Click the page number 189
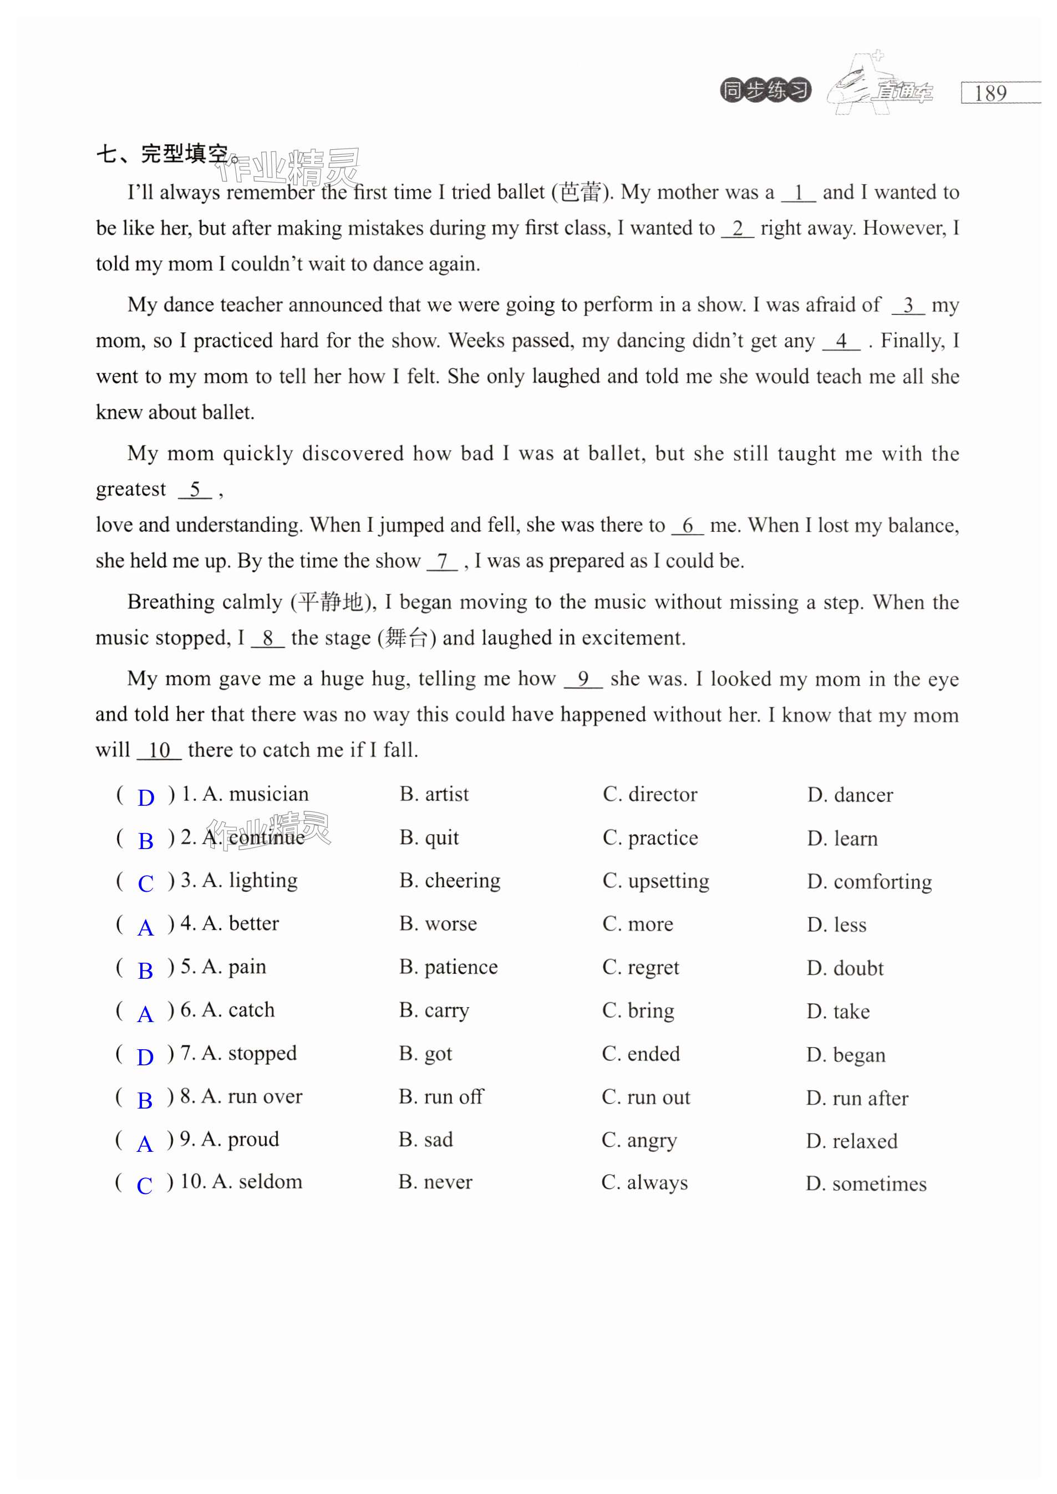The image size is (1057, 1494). [x=990, y=93]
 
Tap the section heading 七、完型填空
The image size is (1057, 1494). [x=162, y=154]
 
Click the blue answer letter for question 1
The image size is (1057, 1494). [x=146, y=797]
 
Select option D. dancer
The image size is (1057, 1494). [x=850, y=795]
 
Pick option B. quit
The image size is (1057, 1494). [x=429, y=837]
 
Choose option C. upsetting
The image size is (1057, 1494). [x=655, y=881]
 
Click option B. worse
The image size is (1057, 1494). [x=438, y=923]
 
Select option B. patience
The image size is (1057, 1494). [x=449, y=967]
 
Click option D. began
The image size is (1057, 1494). [x=846, y=1055]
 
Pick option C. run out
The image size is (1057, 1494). [x=646, y=1097]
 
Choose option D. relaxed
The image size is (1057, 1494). [x=851, y=1141]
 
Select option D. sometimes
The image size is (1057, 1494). [x=866, y=1183]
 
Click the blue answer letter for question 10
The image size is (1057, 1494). [x=145, y=1186]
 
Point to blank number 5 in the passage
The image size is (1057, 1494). [x=195, y=489]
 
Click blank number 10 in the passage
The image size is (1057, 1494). [x=159, y=750]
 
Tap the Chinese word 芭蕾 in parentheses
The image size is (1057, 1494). [x=581, y=192]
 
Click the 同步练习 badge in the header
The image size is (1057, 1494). [x=765, y=90]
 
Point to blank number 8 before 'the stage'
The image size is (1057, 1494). [x=267, y=638]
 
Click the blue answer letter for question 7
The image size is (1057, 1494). [x=145, y=1057]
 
